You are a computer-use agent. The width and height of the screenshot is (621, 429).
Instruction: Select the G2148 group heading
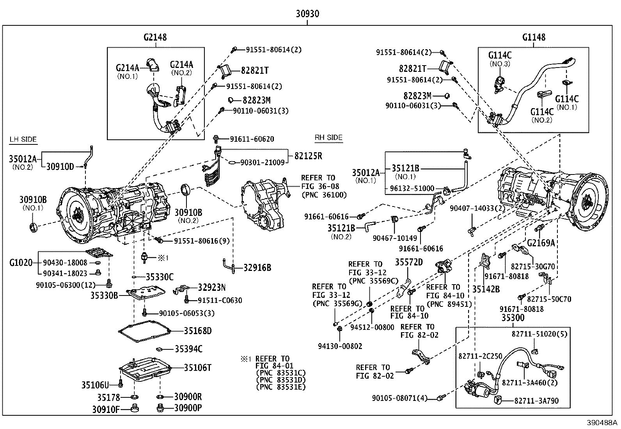pos(155,37)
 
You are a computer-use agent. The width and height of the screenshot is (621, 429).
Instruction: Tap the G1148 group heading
pos(534,37)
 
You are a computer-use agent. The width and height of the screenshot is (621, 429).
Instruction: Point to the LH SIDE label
pos(23,139)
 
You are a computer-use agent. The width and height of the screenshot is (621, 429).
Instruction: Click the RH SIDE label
pos(328,137)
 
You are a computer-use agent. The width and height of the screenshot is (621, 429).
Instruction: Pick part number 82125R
pos(308,156)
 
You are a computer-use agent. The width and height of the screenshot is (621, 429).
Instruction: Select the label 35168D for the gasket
pos(198,331)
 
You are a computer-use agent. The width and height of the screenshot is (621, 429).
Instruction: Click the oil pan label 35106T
pos(198,367)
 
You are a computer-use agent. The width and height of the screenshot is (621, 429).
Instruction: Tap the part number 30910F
pos(105,409)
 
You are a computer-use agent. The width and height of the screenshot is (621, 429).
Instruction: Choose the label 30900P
pos(188,408)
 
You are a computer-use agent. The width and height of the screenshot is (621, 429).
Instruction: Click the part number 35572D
pos(409,262)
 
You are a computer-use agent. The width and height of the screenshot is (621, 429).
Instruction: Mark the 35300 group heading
pos(513,318)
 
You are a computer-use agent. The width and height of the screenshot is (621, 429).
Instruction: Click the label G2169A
pos(541,243)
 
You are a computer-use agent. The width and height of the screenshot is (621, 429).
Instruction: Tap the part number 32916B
pos(257,268)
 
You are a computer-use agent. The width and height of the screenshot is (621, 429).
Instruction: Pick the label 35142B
pos(486,289)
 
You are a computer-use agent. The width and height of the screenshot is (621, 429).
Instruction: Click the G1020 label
pos(21,263)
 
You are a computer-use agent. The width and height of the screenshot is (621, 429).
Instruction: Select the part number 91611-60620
pos(252,139)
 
